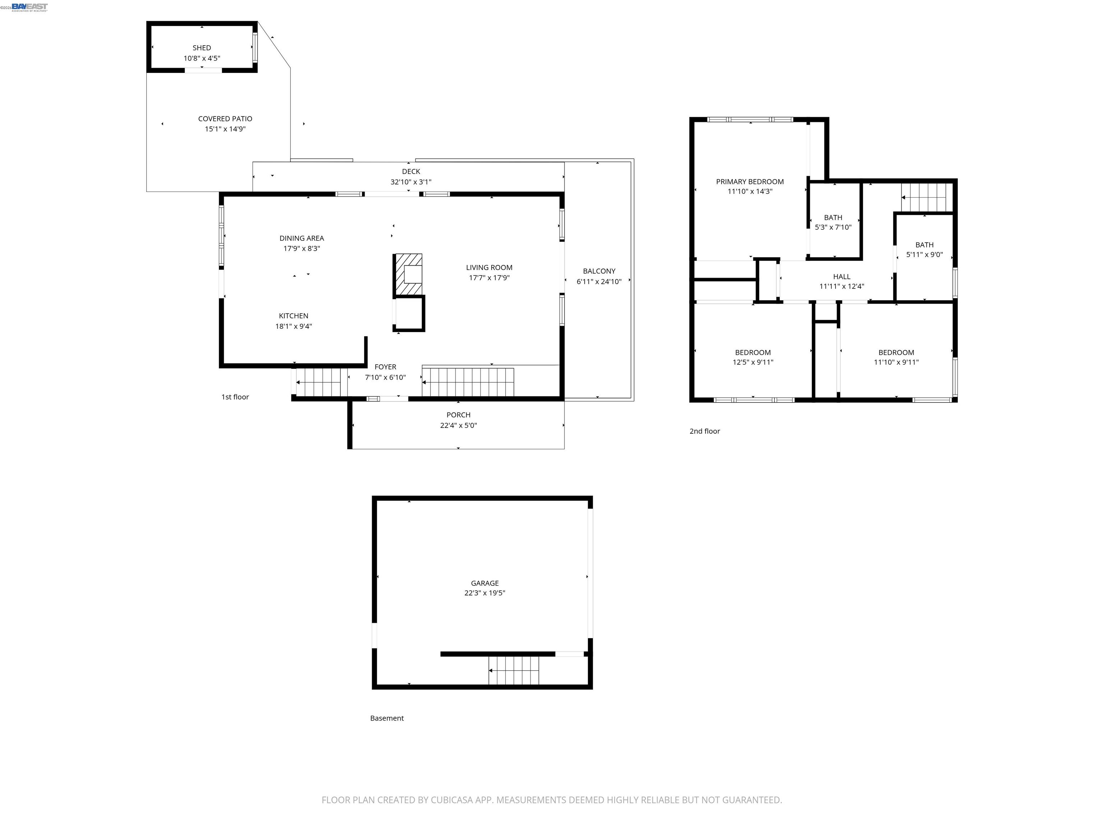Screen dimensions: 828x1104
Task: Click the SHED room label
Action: (x=202, y=48)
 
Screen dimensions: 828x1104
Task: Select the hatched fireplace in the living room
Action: (x=408, y=275)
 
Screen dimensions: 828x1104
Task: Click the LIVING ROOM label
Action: (x=489, y=267)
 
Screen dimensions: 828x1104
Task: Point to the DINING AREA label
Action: (x=302, y=238)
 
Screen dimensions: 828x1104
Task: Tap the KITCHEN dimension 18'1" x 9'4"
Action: (x=294, y=326)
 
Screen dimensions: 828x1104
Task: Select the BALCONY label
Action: (x=599, y=271)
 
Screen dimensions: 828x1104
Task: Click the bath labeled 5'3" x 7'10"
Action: (x=833, y=222)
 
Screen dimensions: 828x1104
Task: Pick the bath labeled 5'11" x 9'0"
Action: (x=924, y=249)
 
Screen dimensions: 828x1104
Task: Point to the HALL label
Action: (x=841, y=276)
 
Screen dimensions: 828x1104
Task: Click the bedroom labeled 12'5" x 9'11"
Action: (x=753, y=357)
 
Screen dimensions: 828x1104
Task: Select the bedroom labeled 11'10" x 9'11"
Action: (x=896, y=357)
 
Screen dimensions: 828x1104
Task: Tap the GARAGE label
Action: (x=485, y=583)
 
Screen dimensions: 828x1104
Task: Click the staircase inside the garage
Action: (x=514, y=670)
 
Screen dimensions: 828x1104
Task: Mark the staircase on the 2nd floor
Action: (x=926, y=197)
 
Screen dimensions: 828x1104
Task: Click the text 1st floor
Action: (x=235, y=397)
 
